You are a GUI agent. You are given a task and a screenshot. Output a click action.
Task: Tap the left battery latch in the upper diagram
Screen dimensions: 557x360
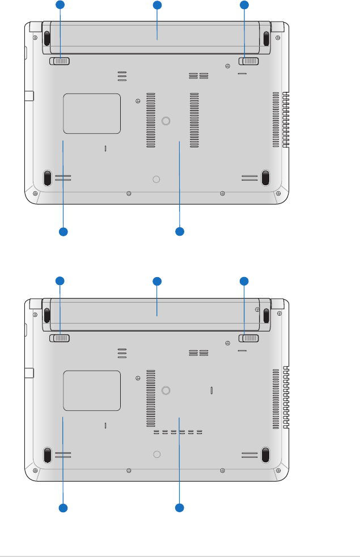point(60,61)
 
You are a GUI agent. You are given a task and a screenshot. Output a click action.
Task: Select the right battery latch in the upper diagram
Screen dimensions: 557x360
point(249,61)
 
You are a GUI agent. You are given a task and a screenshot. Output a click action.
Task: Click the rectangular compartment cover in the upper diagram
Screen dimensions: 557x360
point(92,114)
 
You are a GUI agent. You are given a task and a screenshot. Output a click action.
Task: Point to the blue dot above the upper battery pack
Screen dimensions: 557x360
point(157,6)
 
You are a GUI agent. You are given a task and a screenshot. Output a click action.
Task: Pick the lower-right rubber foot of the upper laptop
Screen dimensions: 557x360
point(265,178)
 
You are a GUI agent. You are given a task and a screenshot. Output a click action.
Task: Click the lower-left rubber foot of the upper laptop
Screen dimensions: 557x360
point(48,178)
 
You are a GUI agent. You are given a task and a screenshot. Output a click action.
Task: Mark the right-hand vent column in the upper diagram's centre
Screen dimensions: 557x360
point(194,120)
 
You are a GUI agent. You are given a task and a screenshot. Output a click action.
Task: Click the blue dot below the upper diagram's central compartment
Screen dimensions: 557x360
point(180,231)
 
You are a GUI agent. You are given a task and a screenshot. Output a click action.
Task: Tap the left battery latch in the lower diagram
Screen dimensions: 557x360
point(60,338)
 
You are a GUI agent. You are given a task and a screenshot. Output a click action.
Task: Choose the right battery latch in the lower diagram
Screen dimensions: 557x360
point(249,338)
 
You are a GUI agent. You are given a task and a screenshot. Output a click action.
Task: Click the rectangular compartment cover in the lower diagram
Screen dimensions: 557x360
point(92,390)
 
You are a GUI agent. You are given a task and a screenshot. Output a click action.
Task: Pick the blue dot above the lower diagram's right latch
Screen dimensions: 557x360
point(244,281)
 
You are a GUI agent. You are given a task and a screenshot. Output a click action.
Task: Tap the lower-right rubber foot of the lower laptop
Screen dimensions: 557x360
point(265,454)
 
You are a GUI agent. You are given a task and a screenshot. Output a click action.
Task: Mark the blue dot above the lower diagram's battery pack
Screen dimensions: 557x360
point(157,281)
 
